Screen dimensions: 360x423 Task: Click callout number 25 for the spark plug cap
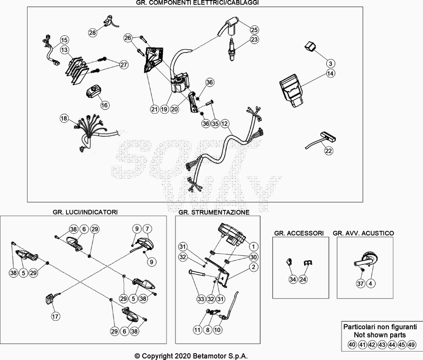pos(254,30)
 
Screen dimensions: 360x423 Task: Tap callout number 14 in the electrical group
pos(329,63)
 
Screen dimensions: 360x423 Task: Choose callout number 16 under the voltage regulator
pos(104,105)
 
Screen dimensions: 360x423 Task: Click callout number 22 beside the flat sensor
pos(329,151)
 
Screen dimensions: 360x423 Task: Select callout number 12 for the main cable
pos(225,123)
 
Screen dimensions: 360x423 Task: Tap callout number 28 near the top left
pos(93,33)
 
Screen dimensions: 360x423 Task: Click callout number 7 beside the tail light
pos(148,228)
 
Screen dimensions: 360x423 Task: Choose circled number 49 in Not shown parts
pos(412,345)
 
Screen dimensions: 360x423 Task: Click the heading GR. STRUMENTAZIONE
pos(214,212)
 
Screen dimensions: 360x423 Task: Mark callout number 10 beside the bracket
pos(218,330)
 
